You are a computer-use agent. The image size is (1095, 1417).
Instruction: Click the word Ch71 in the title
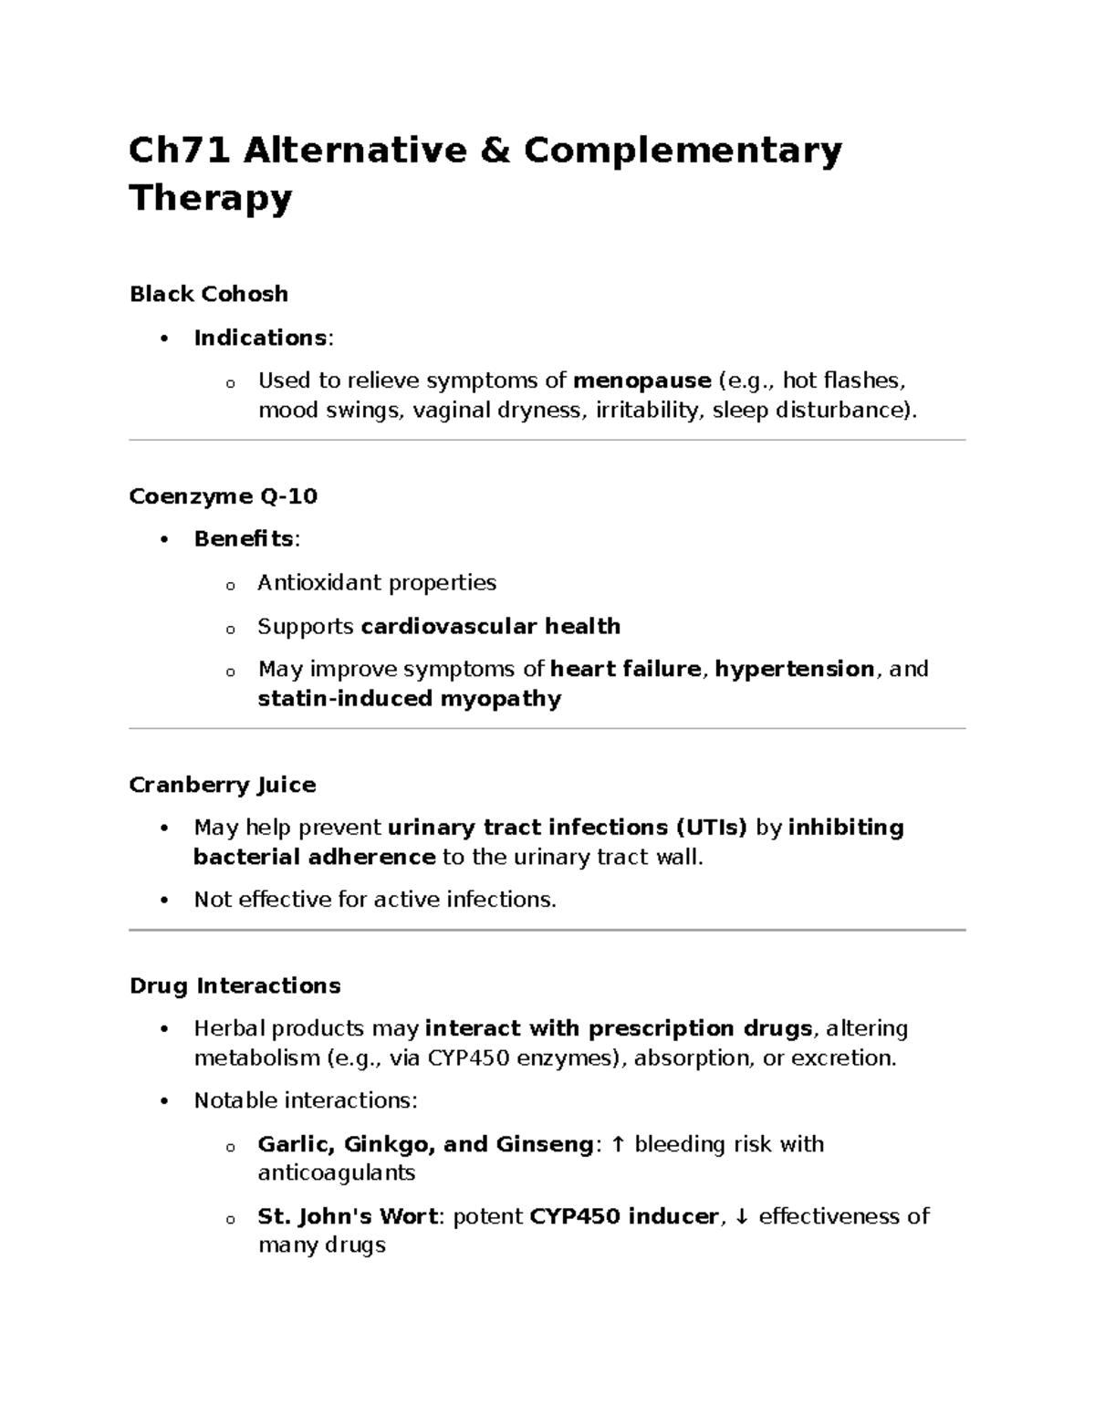(180, 151)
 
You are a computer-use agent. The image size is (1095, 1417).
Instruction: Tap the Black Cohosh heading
(209, 294)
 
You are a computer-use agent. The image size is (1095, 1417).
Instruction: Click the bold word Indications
(260, 338)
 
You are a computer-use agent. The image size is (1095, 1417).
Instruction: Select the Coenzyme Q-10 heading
(224, 496)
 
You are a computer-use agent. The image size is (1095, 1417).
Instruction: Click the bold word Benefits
(244, 539)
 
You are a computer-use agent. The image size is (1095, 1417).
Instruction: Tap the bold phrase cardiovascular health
(491, 626)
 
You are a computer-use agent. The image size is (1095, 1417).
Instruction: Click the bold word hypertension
(794, 669)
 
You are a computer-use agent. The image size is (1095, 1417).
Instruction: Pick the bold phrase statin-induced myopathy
(410, 699)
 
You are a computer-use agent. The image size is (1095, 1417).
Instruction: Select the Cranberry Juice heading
(223, 785)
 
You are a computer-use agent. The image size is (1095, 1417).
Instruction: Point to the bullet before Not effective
(164, 900)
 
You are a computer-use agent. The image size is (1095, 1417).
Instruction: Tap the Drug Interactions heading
(235, 986)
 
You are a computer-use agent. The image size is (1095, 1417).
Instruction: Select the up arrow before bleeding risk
(619, 1144)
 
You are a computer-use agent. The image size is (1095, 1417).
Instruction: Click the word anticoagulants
(337, 1172)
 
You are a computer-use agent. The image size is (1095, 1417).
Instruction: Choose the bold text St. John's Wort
(349, 1216)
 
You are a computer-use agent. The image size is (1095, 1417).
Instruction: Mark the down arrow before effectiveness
(742, 1216)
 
